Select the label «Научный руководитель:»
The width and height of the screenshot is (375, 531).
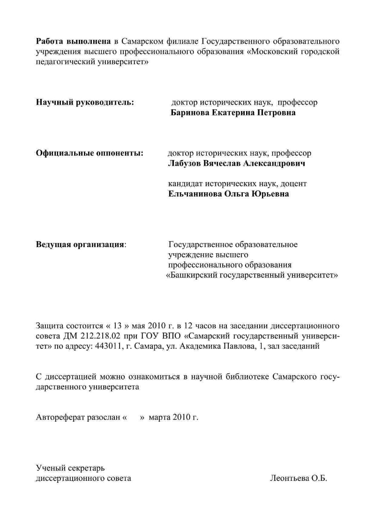tap(85, 102)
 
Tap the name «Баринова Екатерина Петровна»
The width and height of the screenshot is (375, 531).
tap(233, 113)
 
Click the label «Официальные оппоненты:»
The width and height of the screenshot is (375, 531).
tap(90, 153)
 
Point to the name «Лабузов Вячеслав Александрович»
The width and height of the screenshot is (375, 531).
tap(237, 164)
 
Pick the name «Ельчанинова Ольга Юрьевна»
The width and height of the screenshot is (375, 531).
tap(228, 194)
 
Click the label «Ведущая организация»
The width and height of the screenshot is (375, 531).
tap(81, 245)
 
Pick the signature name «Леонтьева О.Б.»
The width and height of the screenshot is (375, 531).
tap(299, 478)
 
